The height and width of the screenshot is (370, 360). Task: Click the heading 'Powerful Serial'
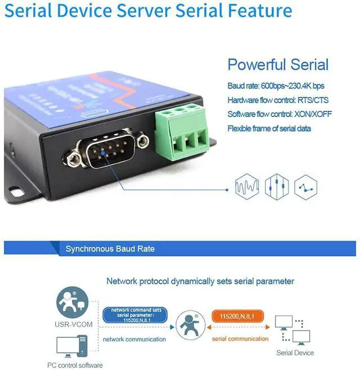click(x=278, y=64)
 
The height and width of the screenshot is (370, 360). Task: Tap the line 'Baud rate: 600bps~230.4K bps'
click(x=276, y=86)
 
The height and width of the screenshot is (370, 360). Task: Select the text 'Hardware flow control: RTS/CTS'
click(x=278, y=100)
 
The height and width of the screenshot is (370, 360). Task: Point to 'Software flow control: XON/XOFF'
click(x=280, y=114)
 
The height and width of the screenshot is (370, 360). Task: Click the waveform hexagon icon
click(x=246, y=186)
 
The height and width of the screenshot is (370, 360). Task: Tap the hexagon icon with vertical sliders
click(x=277, y=186)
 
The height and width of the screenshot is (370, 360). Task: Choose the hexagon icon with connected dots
click(x=306, y=186)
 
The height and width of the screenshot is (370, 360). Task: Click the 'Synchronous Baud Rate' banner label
click(x=110, y=248)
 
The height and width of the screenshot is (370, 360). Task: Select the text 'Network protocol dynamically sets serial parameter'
click(x=200, y=281)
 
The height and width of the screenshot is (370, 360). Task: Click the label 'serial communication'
click(x=240, y=339)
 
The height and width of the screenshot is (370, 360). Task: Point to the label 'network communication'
click(x=134, y=340)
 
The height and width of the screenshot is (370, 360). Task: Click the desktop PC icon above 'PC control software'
click(x=71, y=346)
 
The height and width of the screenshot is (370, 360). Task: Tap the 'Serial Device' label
click(x=295, y=353)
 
